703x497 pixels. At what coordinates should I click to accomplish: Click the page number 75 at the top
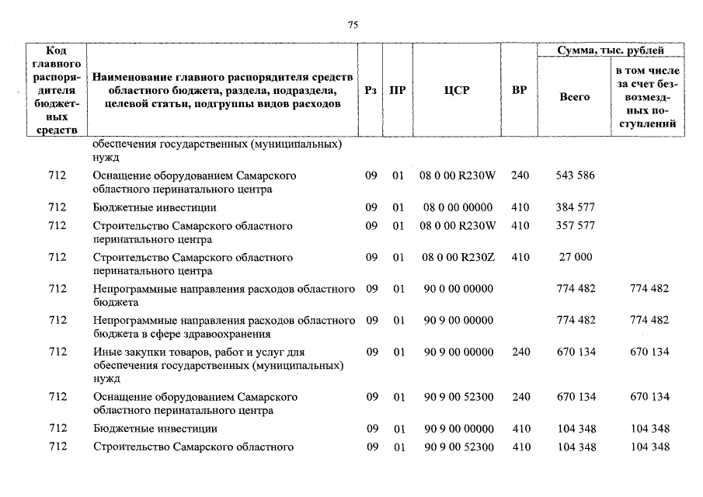(x=352, y=25)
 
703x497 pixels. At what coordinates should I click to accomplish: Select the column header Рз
(x=371, y=90)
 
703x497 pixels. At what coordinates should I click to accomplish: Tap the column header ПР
(x=398, y=90)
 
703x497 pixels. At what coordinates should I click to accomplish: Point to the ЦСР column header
(x=457, y=90)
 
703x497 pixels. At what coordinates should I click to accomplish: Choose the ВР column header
(x=520, y=90)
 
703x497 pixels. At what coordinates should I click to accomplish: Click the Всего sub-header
(x=575, y=97)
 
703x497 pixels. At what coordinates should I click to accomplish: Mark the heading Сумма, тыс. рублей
(x=611, y=50)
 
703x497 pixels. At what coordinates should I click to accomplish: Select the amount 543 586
(x=576, y=176)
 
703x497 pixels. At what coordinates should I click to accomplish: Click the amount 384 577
(x=576, y=207)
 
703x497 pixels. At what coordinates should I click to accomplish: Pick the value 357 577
(x=576, y=226)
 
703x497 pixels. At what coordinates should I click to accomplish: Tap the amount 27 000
(x=576, y=257)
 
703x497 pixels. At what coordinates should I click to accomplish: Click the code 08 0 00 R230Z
(x=457, y=257)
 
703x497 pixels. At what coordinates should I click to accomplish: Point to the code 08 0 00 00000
(x=457, y=207)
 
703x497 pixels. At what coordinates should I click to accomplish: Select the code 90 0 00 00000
(x=457, y=289)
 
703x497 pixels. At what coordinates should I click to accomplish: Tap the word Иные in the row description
(x=105, y=352)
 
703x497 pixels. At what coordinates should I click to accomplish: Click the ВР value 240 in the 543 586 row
(x=520, y=176)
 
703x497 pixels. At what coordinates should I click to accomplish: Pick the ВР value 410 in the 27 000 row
(x=520, y=257)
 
